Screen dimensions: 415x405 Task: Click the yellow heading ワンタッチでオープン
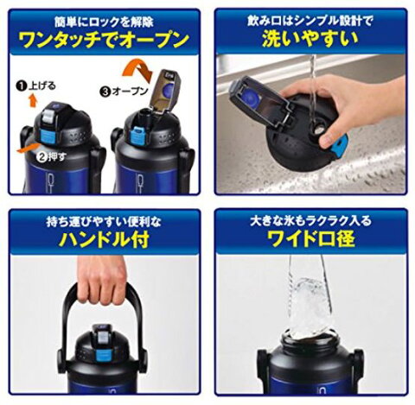(x=105, y=40)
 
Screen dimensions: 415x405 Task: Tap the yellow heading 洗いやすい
(x=310, y=39)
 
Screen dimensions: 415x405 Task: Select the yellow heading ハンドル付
(x=104, y=239)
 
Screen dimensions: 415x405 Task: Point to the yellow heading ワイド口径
(x=311, y=239)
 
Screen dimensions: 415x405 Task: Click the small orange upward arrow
(x=33, y=101)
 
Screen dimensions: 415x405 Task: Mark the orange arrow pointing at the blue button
(x=28, y=149)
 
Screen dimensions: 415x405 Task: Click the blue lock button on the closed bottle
(x=46, y=136)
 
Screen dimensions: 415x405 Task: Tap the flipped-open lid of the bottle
(x=165, y=90)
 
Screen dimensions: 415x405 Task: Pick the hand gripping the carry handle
(x=101, y=279)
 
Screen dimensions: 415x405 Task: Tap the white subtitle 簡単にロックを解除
(x=104, y=22)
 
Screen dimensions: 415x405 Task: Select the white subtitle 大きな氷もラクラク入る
(x=310, y=221)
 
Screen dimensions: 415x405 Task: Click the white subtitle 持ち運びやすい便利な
(x=104, y=222)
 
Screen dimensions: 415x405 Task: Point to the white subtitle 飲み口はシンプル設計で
(x=310, y=21)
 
